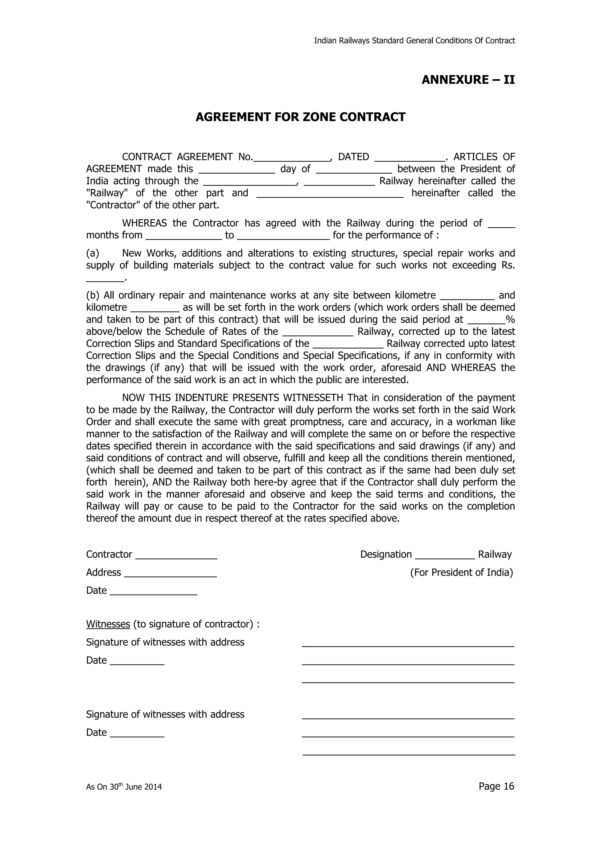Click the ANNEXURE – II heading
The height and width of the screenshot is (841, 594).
click(468, 80)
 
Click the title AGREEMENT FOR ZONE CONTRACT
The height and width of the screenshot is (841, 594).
click(300, 117)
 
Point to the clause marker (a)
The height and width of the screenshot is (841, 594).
click(93, 253)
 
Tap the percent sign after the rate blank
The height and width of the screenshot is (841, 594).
click(510, 320)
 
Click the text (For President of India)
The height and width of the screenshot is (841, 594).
click(461, 573)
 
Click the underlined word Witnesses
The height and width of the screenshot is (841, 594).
click(108, 624)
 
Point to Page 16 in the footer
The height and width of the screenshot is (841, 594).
click(496, 786)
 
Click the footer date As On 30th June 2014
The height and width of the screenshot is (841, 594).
click(124, 787)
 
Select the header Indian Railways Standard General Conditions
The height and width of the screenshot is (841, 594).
click(414, 41)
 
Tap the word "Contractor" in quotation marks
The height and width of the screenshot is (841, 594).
click(113, 205)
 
